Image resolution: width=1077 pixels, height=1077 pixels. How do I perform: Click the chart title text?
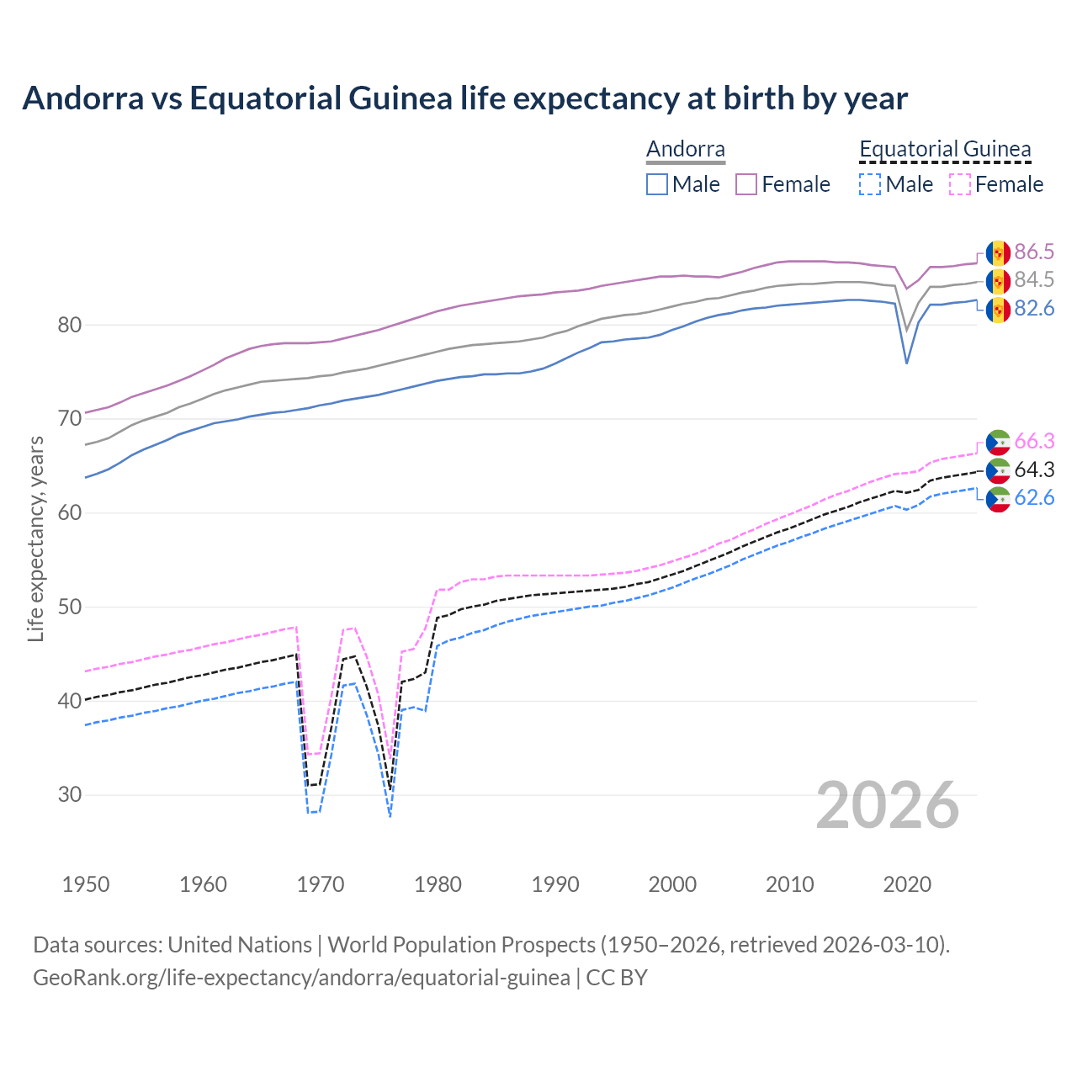pos(464,98)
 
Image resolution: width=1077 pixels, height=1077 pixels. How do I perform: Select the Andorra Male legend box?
pos(657,184)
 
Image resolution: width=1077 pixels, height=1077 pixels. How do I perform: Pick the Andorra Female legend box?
pos(746,184)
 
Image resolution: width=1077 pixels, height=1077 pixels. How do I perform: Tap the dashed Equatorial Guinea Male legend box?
pos(870,184)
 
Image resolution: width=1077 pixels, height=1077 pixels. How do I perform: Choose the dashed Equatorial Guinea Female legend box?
pos(959,184)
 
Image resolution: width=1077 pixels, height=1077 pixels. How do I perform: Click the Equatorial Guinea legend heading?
pos(945,150)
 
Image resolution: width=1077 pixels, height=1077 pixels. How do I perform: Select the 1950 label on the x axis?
pos(86,884)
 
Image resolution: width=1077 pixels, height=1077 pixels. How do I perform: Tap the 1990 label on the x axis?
pos(555,884)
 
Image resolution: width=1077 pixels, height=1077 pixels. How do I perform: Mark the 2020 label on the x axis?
pos(907,884)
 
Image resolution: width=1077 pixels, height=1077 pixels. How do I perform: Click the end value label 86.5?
pos(1034,252)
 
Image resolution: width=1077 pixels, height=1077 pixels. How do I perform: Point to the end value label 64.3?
pos(1034,470)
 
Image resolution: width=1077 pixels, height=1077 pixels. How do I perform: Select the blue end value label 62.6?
pos(1034,498)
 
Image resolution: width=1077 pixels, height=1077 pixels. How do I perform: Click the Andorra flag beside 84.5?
pos(998,281)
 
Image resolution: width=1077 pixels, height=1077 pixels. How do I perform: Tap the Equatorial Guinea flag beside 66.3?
pos(998,442)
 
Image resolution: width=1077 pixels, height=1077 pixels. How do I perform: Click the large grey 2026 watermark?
pos(887,805)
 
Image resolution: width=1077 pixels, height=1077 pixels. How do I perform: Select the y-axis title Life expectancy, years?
pos(35,538)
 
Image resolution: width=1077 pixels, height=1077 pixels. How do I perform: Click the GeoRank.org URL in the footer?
pos(301,978)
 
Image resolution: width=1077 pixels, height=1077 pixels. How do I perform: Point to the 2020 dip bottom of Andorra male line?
pos(906,363)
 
